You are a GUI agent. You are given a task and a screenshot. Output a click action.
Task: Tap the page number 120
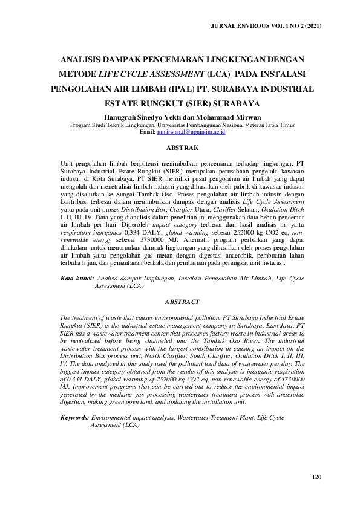click(x=316, y=478)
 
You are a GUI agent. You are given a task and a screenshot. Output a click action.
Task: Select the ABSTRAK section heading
click(x=182, y=148)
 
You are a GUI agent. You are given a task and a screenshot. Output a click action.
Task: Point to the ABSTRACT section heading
click(x=182, y=301)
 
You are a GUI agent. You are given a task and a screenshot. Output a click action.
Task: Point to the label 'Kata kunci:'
click(x=76, y=279)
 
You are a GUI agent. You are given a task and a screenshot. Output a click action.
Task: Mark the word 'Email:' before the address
click(x=147, y=131)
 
